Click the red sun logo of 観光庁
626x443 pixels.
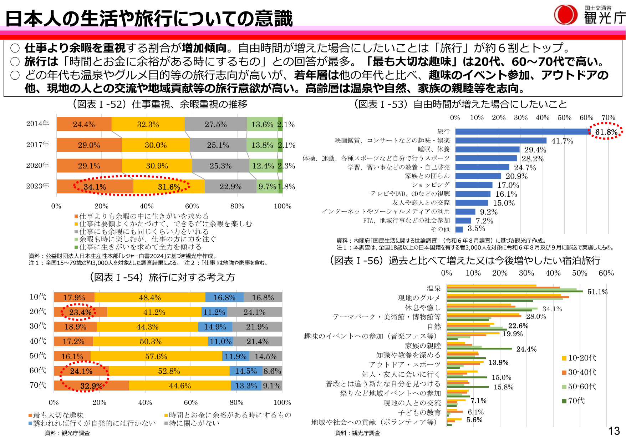coord(565,15)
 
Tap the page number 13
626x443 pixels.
coord(614,431)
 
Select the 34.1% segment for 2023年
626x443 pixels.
coord(95,187)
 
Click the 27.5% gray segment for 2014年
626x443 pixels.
coord(215,124)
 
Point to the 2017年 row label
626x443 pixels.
coord(37,145)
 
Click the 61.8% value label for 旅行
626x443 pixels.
coord(606,132)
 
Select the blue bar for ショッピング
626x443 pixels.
coord(474,185)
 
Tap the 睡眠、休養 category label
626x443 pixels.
coord(434,149)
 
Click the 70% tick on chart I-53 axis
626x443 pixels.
coord(608,117)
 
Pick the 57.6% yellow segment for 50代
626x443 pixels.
coord(156,356)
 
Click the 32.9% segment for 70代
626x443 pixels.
coord(91,386)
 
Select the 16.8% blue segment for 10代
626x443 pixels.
coord(224,297)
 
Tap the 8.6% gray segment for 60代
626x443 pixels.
coord(272,371)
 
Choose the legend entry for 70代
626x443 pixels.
coord(576,401)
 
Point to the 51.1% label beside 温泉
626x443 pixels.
coord(597,292)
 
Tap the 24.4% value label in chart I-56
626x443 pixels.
coord(526,349)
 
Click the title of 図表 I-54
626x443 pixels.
coord(162,277)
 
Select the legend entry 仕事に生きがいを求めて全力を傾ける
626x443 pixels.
coord(140,247)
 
